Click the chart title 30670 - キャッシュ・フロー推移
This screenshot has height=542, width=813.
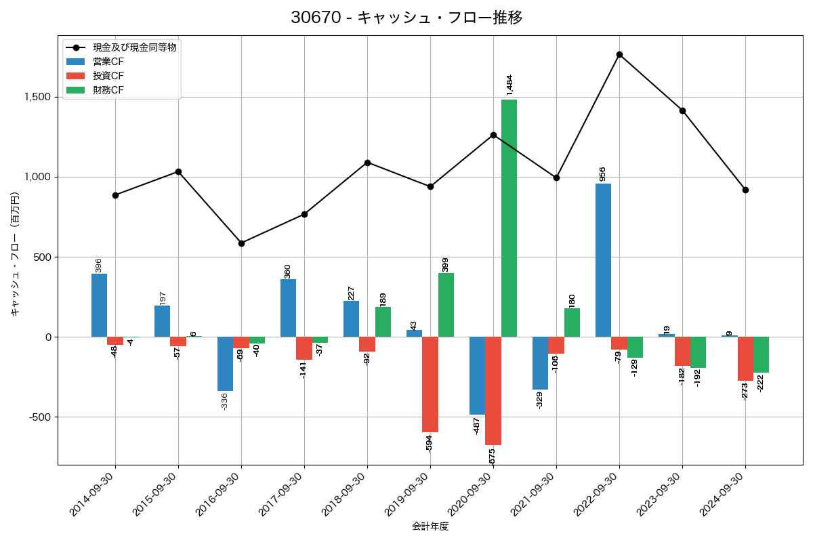pyautogui.click(x=406, y=18)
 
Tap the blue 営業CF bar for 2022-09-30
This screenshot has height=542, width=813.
pyautogui.click(x=603, y=260)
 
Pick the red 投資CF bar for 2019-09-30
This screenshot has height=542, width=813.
pyautogui.click(x=430, y=384)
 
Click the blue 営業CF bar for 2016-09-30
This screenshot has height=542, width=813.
pyautogui.click(x=225, y=364)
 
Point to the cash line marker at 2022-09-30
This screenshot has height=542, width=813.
pyautogui.click(x=619, y=54)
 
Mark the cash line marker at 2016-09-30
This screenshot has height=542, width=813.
pyautogui.click(x=241, y=243)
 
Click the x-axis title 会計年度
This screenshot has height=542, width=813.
pyautogui.click(x=430, y=526)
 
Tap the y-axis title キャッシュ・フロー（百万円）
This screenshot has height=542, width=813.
pyautogui.click(x=15, y=254)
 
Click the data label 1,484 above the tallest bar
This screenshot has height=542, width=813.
pyautogui.click(x=509, y=84)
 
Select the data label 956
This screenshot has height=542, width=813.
pyautogui.click(x=603, y=173)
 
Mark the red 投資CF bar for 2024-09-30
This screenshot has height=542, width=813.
pyautogui.click(x=745, y=358)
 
